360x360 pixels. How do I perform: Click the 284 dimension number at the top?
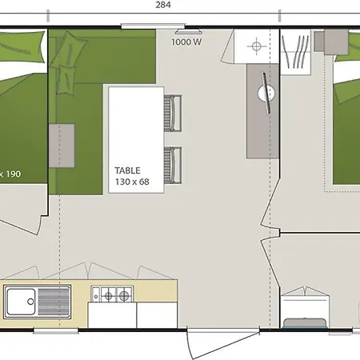click(x=163, y=5)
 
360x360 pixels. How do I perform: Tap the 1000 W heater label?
click(x=186, y=42)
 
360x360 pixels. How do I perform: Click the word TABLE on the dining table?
click(x=127, y=170)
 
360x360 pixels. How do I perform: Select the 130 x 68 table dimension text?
click(x=132, y=182)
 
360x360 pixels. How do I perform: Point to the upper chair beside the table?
click(x=173, y=114)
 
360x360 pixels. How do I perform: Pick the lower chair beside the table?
click(x=173, y=165)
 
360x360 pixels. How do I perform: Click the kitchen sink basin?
click(x=21, y=302)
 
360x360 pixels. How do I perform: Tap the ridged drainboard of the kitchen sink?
click(x=54, y=302)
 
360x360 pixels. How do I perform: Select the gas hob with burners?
click(x=112, y=294)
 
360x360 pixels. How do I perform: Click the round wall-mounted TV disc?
click(x=266, y=93)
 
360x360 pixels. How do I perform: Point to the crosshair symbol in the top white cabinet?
click(x=257, y=46)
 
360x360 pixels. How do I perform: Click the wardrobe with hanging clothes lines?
click(x=295, y=52)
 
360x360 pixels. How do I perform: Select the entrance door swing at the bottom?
click(x=223, y=344)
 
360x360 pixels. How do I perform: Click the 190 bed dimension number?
click(x=14, y=174)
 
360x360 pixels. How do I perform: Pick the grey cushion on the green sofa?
click(x=62, y=146)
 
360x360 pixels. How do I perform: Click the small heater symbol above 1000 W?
click(x=188, y=32)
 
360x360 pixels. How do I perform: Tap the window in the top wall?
click(x=153, y=26)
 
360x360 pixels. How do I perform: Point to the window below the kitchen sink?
click(x=56, y=331)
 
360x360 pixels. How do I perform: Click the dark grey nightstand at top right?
click(x=336, y=42)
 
